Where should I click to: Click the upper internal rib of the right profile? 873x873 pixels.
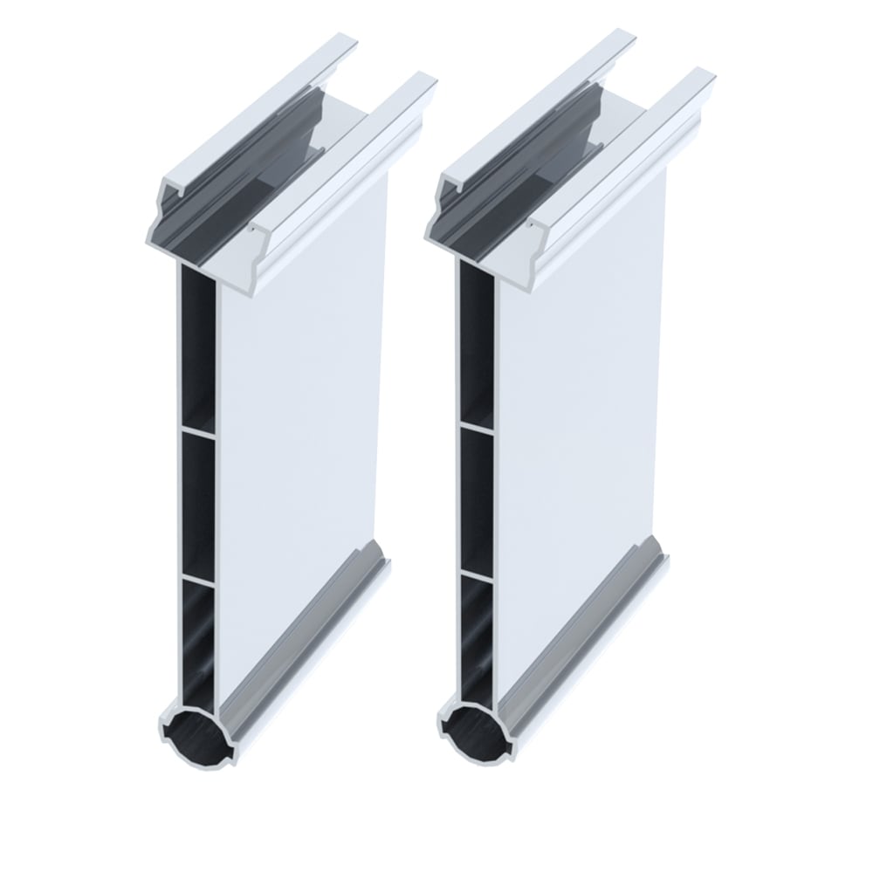[x=477, y=427]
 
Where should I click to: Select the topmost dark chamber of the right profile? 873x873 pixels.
[x=476, y=345]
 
